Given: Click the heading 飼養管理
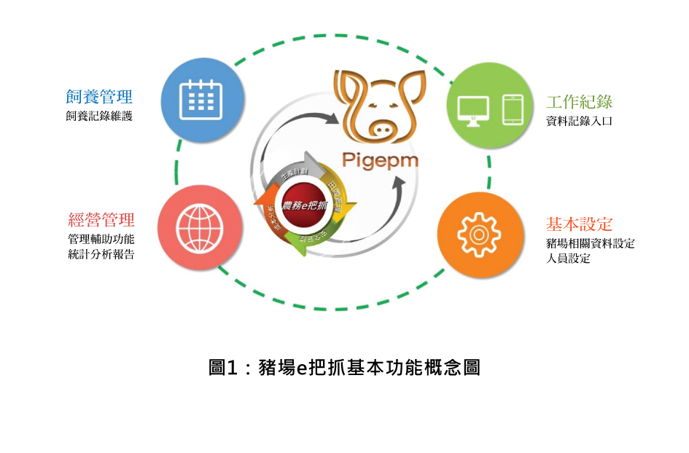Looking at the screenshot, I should [x=99, y=97].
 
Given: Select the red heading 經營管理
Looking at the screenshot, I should [x=101, y=219].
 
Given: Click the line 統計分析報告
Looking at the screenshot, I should [x=101, y=254].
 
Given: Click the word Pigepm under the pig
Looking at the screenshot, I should [x=381, y=159].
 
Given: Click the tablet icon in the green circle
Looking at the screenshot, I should [x=513, y=109].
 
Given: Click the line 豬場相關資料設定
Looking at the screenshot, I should [x=590, y=243].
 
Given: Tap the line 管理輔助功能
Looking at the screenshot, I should [x=101, y=239].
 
